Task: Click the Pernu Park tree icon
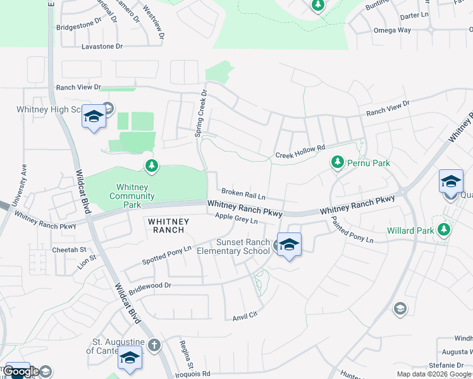tap(338, 162)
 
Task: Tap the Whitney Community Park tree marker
tap(151, 166)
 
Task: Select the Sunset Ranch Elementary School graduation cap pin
tap(289, 244)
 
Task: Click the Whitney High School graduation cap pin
tap(94, 117)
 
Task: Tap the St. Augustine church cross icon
tap(155, 345)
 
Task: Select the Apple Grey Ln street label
tap(236, 219)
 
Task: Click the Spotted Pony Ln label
tap(166, 255)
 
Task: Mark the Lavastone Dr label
tap(102, 47)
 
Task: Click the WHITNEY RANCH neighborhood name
tap(168, 226)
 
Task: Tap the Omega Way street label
tap(392, 30)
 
